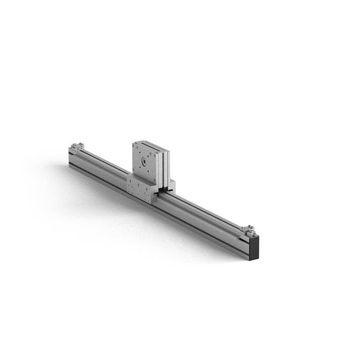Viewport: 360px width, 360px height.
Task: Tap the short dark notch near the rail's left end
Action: point(72,154)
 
